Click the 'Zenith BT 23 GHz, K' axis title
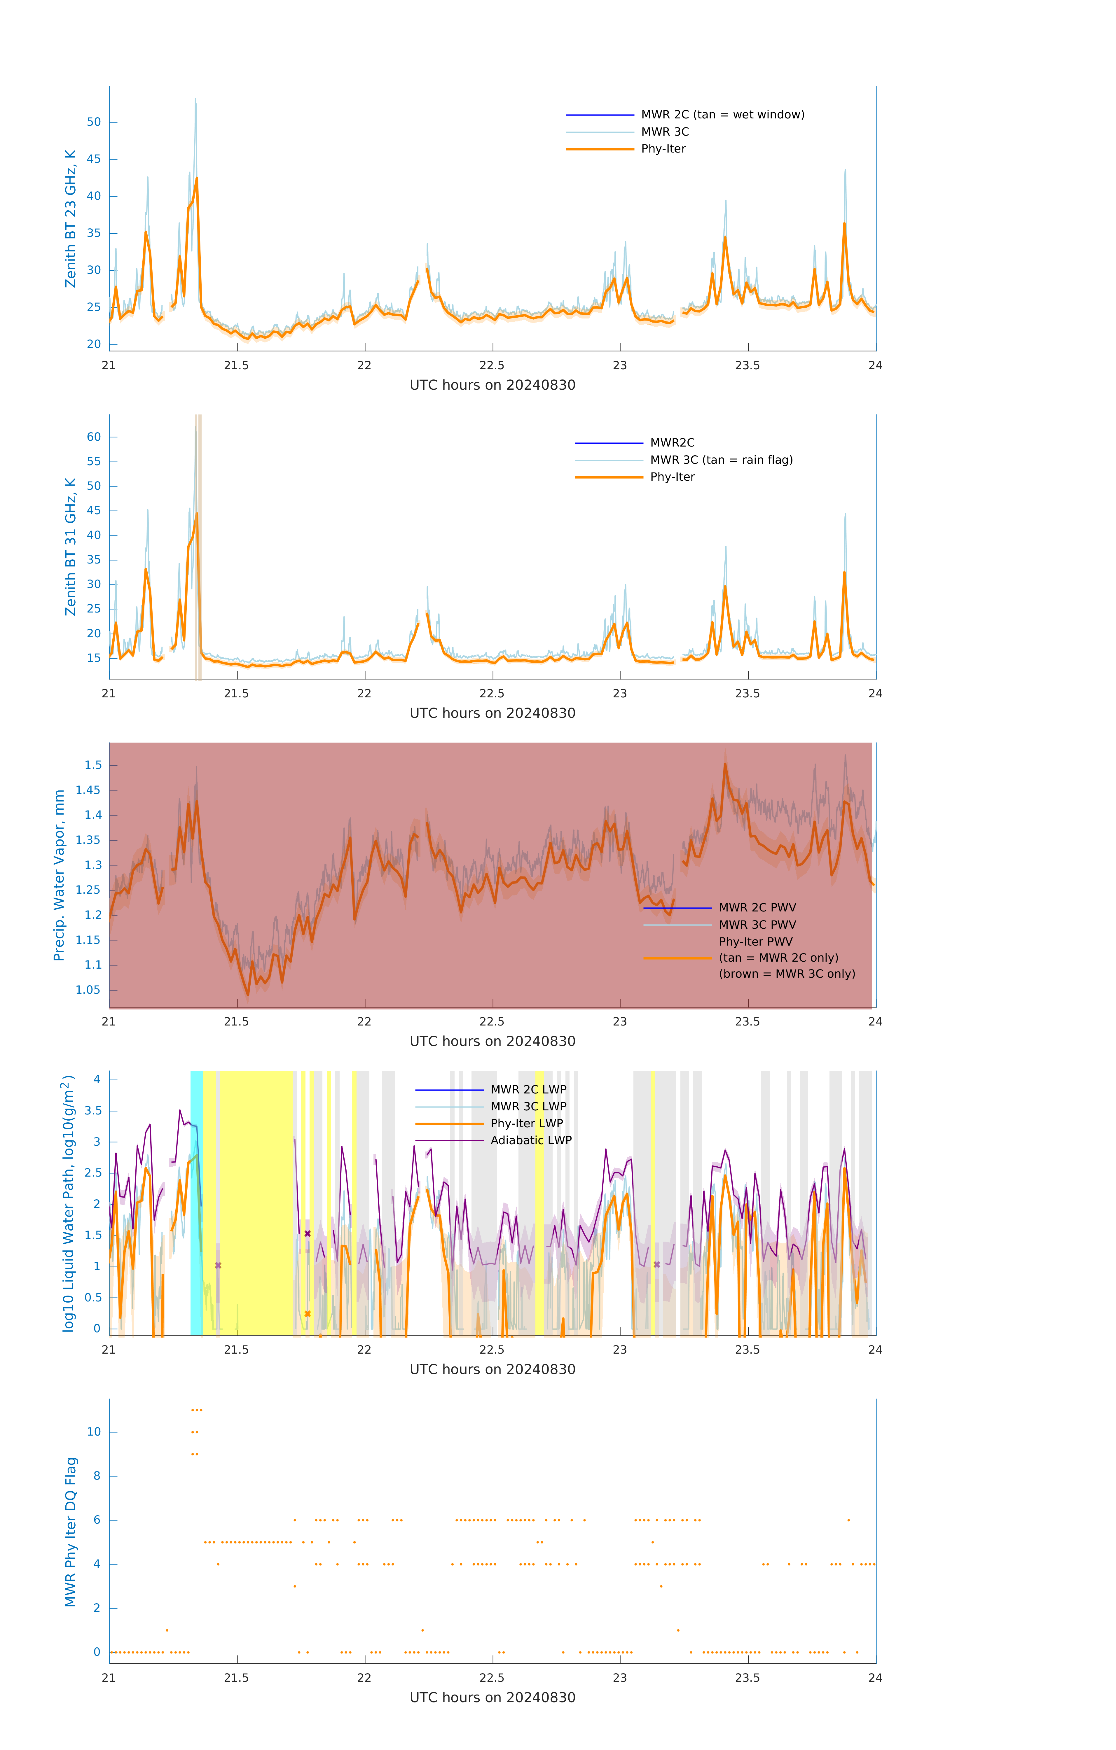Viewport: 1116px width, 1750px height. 71,219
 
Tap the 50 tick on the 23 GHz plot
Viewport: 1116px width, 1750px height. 94,122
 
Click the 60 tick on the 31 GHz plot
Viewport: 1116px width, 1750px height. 94,437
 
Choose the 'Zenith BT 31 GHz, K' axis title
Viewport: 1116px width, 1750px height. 71,547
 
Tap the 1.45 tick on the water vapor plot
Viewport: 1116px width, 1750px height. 88,790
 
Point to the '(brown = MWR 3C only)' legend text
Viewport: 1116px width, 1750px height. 787,974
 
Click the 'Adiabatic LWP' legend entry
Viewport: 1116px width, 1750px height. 531,1140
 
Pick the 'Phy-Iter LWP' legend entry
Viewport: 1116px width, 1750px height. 526,1123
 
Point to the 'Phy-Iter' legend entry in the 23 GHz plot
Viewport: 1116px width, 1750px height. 663,149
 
